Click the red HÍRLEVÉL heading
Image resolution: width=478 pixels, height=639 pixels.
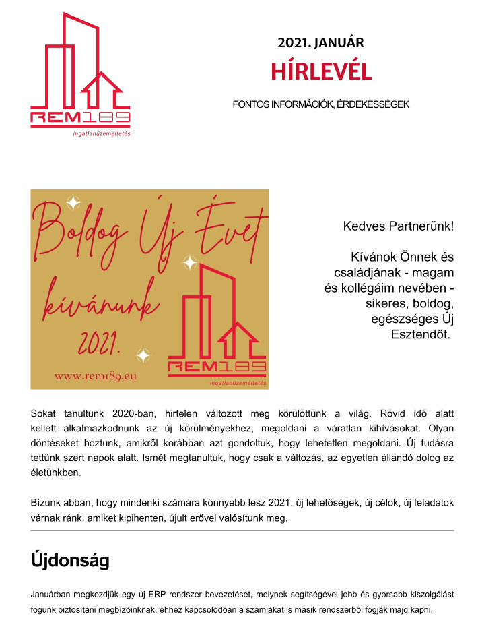click(x=321, y=71)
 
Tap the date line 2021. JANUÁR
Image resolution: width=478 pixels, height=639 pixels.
click(x=321, y=42)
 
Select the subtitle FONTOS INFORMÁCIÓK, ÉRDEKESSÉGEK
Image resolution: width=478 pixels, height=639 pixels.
click(x=321, y=104)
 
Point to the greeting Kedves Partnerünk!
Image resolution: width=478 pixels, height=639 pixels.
click(x=399, y=226)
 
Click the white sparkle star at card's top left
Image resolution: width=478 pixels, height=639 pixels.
click(x=73, y=202)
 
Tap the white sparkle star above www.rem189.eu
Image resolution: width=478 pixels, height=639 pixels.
click(x=143, y=355)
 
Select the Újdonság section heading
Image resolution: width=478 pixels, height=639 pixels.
click(x=70, y=560)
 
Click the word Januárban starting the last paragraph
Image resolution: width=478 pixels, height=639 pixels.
click(x=52, y=595)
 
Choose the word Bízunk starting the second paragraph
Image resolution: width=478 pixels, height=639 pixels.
click(x=46, y=503)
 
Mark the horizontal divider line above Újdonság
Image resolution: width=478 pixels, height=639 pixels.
click(x=242, y=530)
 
